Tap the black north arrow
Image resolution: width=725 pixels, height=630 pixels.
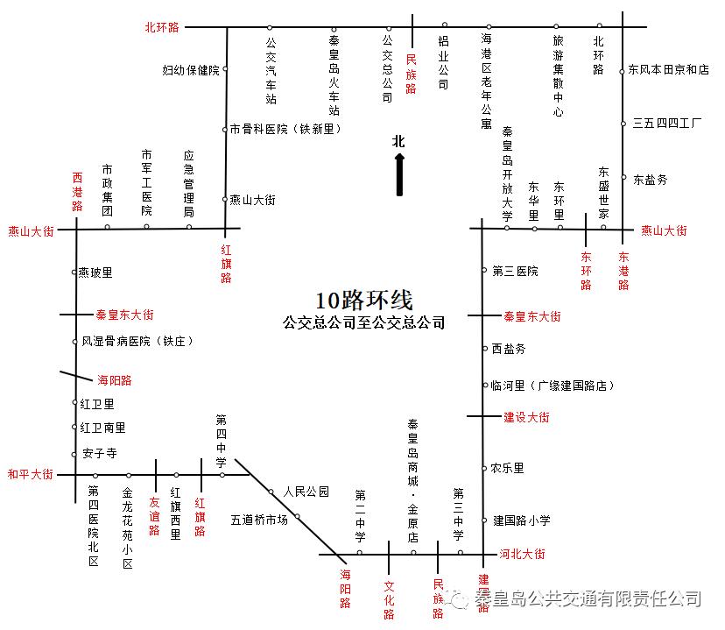point(399,173)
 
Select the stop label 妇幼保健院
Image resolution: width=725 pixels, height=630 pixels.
point(191,70)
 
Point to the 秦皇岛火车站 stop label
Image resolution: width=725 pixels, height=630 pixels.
point(334,75)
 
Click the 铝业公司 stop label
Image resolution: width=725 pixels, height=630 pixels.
point(444,62)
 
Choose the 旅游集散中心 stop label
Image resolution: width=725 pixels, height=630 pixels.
point(558,75)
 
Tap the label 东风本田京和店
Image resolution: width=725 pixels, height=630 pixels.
point(669,69)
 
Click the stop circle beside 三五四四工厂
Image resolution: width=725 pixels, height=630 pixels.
point(623,124)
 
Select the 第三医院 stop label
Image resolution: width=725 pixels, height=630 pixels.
point(515,272)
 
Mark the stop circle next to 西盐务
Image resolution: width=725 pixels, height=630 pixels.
point(484,349)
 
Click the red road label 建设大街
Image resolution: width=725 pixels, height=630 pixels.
point(526,418)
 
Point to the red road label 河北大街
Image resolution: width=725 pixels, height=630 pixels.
point(522,554)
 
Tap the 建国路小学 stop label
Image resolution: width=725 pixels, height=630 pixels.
point(521,520)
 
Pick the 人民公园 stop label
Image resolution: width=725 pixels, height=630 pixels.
point(306,492)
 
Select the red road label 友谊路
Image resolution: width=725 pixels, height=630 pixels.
point(155,517)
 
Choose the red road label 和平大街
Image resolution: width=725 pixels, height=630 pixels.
point(31,474)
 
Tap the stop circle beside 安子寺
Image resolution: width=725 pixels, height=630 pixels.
point(74,455)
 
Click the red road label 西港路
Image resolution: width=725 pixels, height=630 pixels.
point(77,192)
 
